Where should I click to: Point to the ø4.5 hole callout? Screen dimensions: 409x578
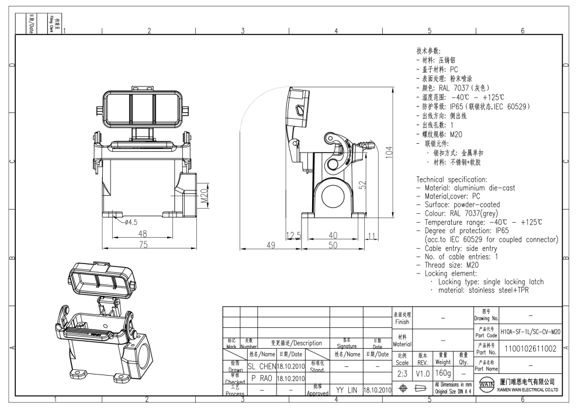[130, 222]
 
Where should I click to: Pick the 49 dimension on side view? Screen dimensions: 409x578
[271, 245]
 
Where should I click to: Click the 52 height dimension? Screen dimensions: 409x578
[362, 185]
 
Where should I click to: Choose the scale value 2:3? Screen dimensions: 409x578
[402, 373]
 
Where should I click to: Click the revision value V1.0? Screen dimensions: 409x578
[423, 373]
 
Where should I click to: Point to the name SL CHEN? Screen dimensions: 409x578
[261, 366]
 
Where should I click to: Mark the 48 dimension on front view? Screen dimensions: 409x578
[142, 234]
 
